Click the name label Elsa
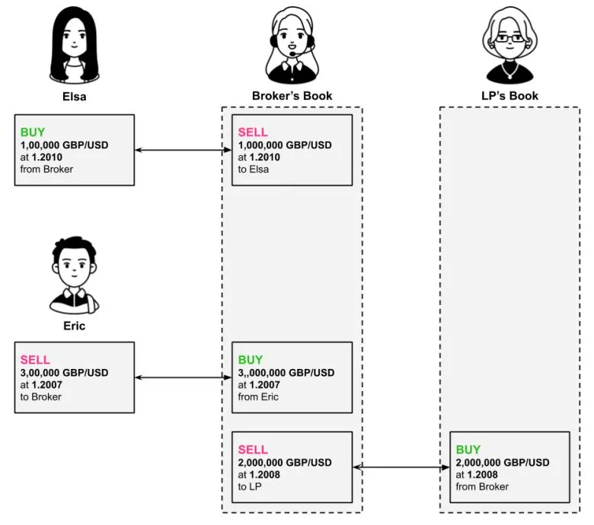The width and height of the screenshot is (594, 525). tap(74, 97)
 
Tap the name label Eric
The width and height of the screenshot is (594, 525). tap(74, 326)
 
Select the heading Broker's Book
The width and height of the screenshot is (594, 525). tap(292, 97)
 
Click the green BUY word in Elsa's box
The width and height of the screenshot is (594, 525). tap(33, 132)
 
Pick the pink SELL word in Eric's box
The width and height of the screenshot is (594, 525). tap(35, 359)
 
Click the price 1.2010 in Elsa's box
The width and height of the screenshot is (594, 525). tap(48, 157)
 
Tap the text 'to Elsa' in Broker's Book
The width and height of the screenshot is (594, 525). tap(254, 169)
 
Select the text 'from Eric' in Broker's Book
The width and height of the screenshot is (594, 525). tap(259, 396)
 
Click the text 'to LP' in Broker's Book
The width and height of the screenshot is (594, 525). tap(251, 486)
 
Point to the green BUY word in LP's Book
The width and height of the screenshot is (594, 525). tap(468, 450)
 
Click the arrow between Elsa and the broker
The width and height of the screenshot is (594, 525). tap(183, 150)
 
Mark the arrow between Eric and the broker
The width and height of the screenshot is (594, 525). tap(183, 377)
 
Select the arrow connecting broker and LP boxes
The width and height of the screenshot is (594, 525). tap(401, 467)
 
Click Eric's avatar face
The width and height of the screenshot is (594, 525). tap(73, 266)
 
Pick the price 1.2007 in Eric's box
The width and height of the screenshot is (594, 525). tap(48, 384)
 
